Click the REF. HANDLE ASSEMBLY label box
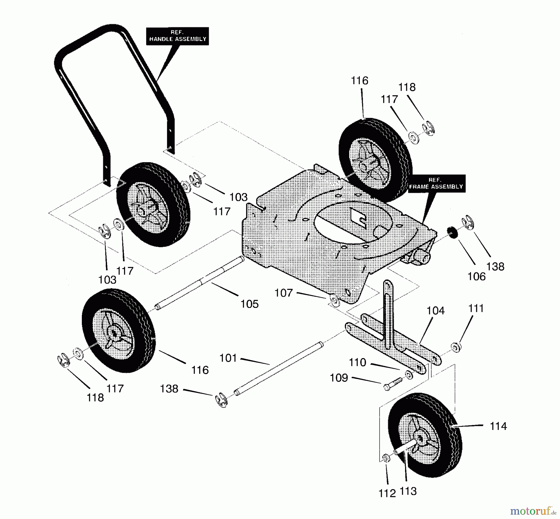pyautogui.click(x=178, y=36)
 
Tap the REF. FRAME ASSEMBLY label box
pyautogui.click(x=436, y=183)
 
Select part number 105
pyautogui.click(x=250, y=304)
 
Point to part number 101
pyautogui.click(x=228, y=358)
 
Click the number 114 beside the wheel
pyautogui.click(x=498, y=426)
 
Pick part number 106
pyautogui.click(x=476, y=276)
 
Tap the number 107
pyautogui.click(x=283, y=293)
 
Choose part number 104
pyautogui.click(x=436, y=310)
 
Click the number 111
pyautogui.click(x=476, y=308)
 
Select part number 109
pyautogui.click(x=339, y=378)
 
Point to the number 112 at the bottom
pyautogui.click(x=387, y=493)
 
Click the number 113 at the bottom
pyautogui.click(x=408, y=491)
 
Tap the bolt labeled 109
pyautogui.click(x=393, y=384)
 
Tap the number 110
pyautogui.click(x=357, y=362)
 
